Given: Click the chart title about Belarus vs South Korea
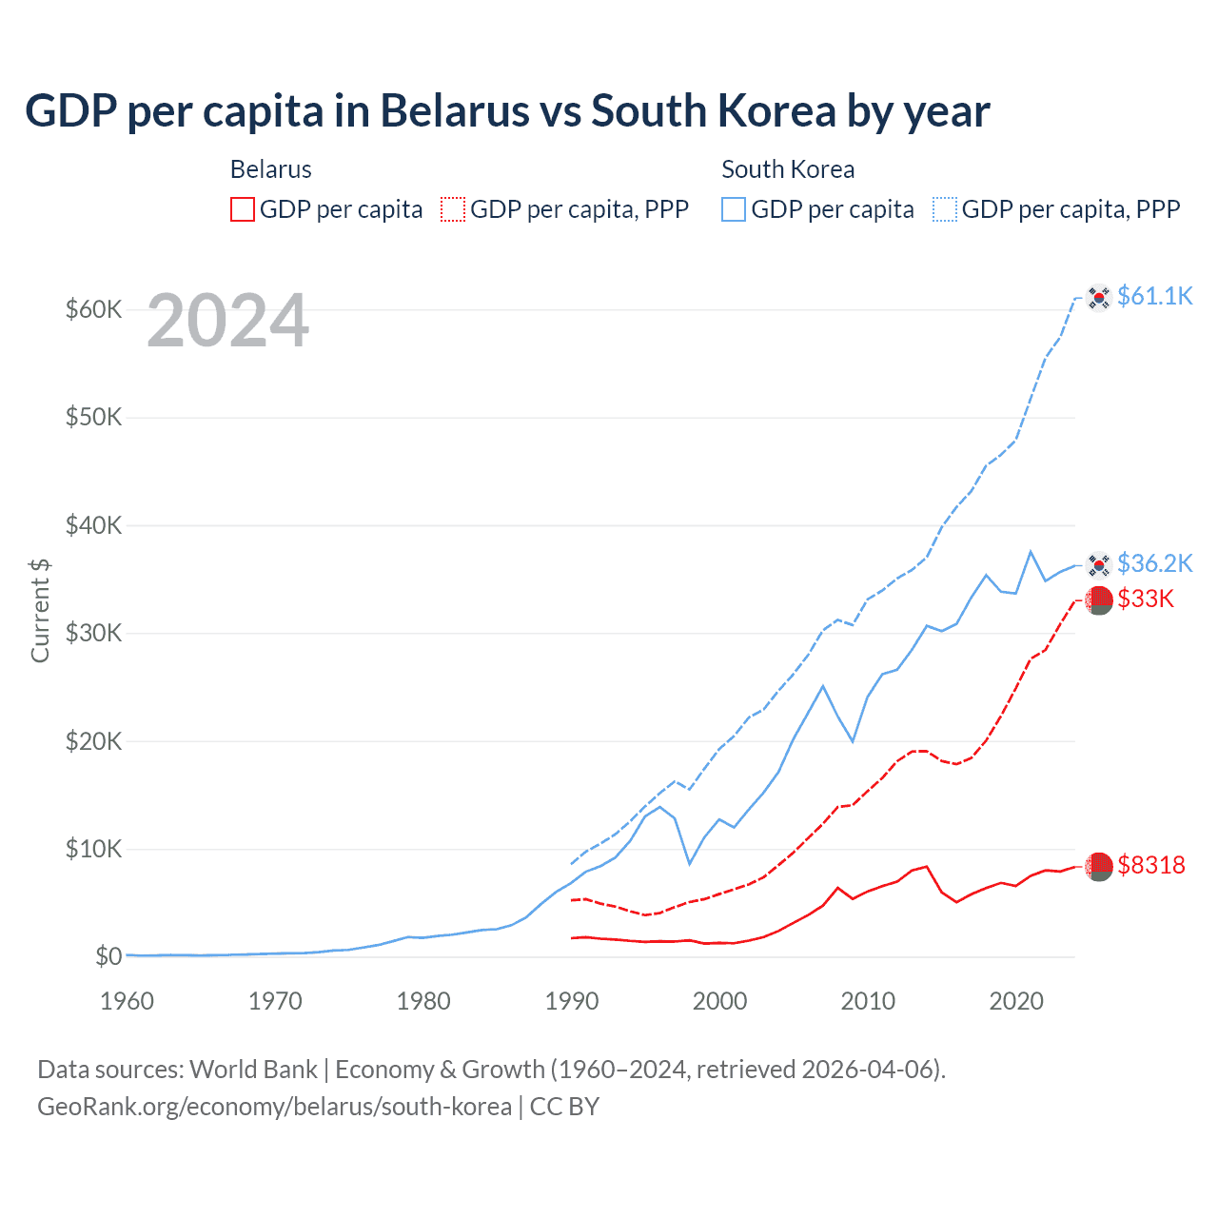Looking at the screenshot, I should coord(507,111).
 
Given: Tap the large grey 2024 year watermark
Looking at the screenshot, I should coord(227,321).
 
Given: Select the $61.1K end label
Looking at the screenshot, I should coord(1154,296).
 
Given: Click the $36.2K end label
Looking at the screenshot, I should coord(1154,563).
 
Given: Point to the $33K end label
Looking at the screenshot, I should coord(1146,599).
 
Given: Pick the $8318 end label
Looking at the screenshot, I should coord(1151,865).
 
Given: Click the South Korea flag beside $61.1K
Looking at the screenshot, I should coord(1099,297).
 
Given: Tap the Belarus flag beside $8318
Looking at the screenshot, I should coord(1099,866).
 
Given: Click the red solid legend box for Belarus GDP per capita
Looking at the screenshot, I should coord(243,209).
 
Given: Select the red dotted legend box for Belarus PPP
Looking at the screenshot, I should coord(453,209).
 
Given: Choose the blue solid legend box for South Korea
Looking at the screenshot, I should coord(734,209).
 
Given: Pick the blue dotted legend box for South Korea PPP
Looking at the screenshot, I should coord(945,209).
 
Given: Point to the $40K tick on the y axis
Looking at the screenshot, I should coord(93,525).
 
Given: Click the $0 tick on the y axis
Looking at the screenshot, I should coord(108,956).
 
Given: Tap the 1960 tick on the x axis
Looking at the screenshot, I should coord(127,1001).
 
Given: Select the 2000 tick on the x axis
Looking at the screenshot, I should coord(719,1001).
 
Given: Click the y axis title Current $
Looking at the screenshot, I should coord(40,610).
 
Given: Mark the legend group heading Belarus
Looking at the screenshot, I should coord(271,169).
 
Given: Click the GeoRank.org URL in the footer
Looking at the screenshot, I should coord(274,1107).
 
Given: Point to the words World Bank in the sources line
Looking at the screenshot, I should coord(253,1070).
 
